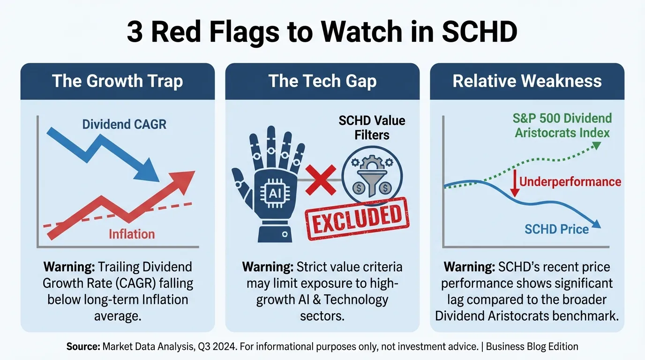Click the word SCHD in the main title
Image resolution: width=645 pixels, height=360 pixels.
point(480,31)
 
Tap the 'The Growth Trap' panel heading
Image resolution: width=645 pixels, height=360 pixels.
point(118,81)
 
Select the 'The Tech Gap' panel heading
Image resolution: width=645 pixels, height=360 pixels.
point(322,81)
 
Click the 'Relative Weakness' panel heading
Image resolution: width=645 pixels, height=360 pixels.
point(527,81)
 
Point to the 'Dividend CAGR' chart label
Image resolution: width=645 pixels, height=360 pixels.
point(124,124)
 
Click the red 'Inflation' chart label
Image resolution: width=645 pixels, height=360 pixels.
point(132,234)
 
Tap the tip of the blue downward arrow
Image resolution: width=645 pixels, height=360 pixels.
point(159,182)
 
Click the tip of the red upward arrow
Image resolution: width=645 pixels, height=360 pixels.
point(195,172)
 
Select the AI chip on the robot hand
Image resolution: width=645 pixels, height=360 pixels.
point(275,193)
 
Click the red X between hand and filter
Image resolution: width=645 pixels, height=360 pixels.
point(321,180)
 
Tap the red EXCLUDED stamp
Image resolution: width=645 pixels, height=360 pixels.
point(357,218)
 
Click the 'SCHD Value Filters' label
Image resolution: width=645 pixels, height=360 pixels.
point(372,127)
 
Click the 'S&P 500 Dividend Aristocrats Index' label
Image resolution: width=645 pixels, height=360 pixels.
point(562,126)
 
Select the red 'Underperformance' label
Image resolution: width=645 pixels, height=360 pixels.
point(570,182)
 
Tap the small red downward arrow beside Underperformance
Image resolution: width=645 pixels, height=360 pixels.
point(515,183)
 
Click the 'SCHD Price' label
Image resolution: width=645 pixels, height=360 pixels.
point(556,229)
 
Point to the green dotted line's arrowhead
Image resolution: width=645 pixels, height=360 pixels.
point(597,145)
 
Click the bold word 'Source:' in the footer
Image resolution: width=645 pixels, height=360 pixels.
point(83,346)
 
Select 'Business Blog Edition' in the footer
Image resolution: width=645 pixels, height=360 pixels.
point(532,346)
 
